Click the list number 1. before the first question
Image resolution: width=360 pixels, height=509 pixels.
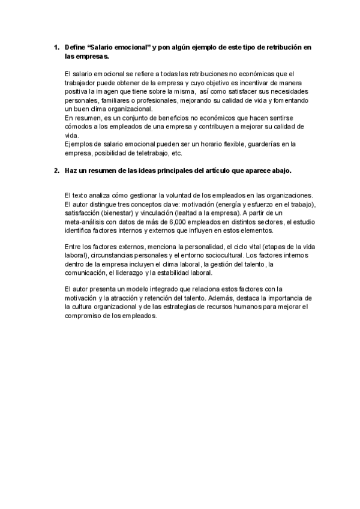tap(56, 47)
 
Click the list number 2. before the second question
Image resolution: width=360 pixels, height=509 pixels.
tap(56, 170)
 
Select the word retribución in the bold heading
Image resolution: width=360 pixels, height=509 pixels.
tap(281, 47)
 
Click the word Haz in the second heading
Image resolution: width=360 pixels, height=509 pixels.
tap(71, 170)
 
